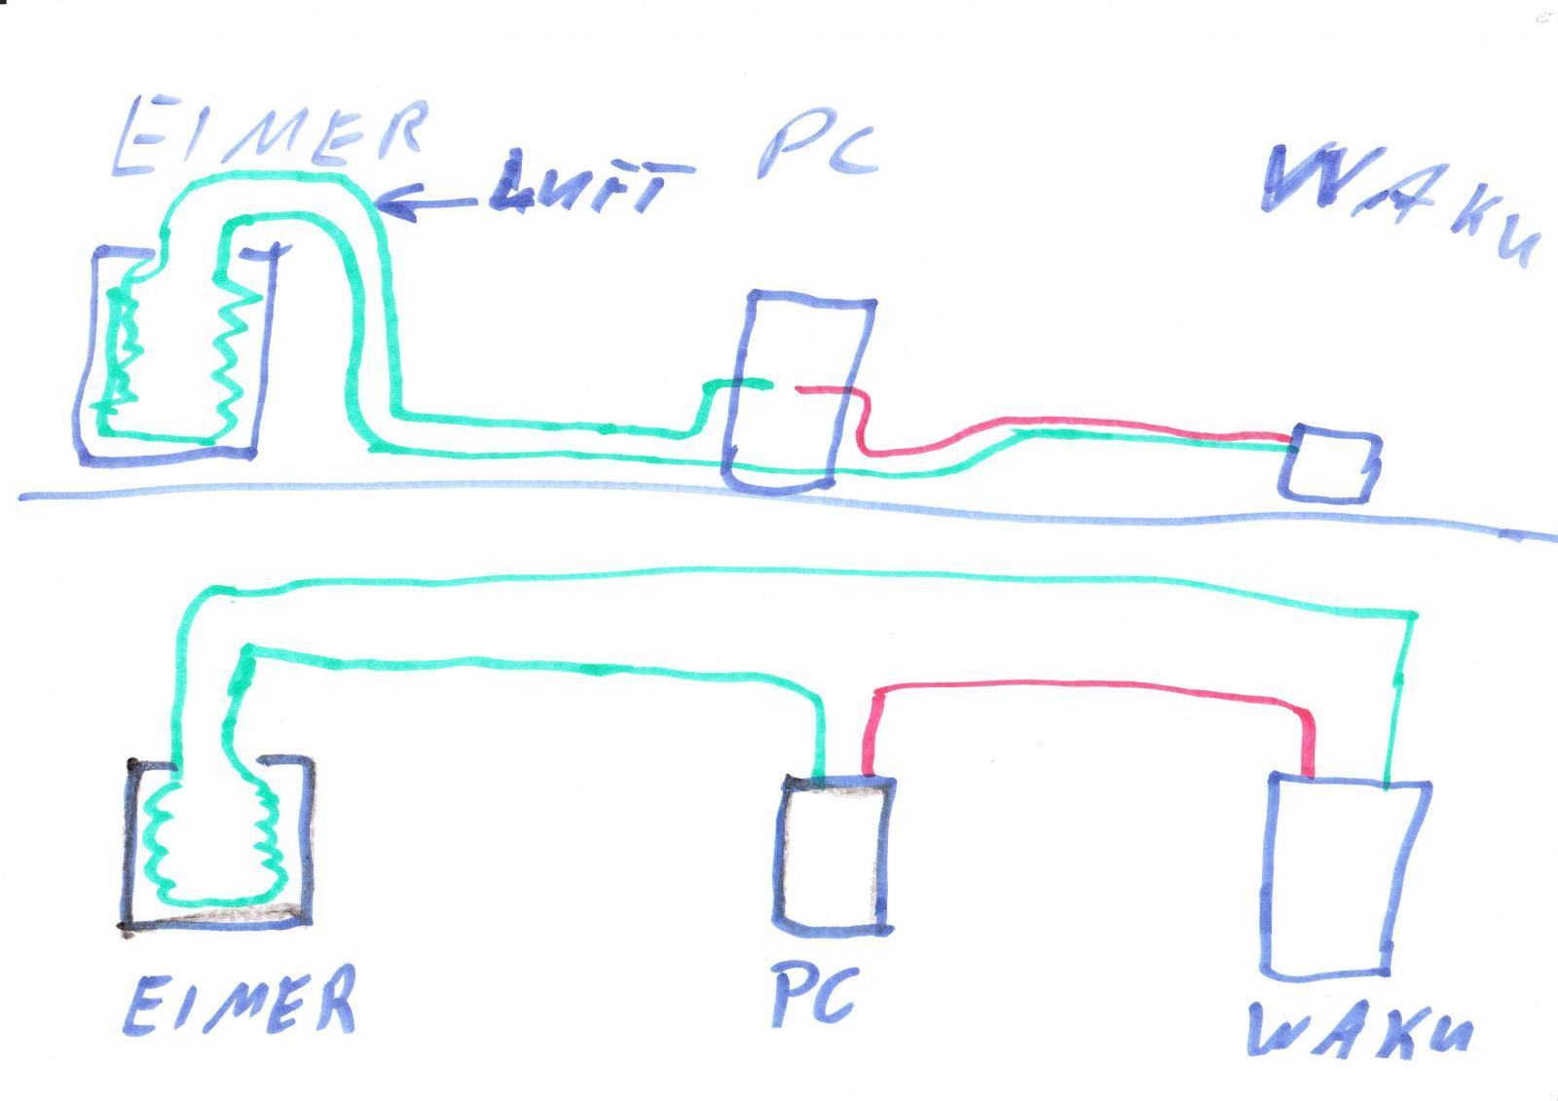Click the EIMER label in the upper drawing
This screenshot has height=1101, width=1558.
[270, 135]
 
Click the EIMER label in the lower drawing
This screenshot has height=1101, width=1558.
[240, 1002]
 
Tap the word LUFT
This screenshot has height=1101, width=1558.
[591, 181]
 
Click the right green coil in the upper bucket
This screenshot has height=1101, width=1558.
[234, 362]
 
